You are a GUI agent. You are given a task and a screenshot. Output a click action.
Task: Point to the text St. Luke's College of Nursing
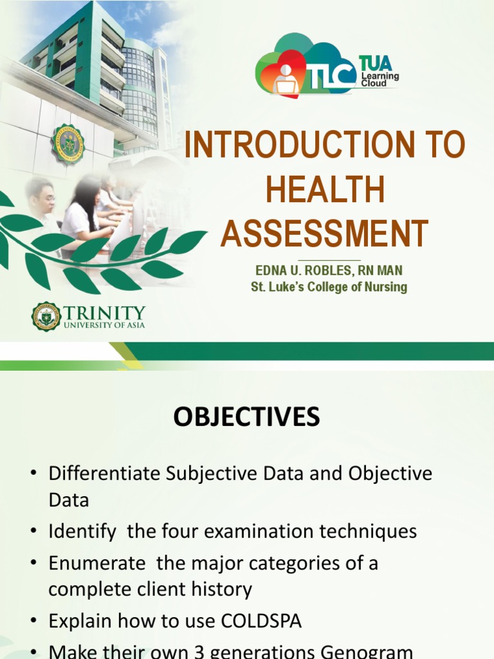(x=329, y=287)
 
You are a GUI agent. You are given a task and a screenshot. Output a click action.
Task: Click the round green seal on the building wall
(x=68, y=143)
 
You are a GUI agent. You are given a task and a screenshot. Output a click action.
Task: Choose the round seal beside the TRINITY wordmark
(x=46, y=316)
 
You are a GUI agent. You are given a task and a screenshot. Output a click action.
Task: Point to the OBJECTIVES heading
(x=246, y=418)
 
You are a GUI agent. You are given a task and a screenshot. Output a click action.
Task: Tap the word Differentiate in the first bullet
(x=105, y=474)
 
